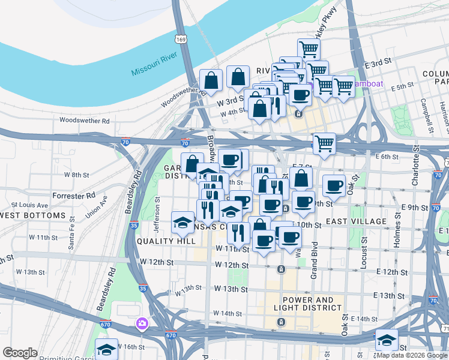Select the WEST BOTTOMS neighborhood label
(x=32, y=215)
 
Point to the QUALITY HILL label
(x=166, y=241)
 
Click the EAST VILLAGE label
(x=357, y=222)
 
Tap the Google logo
(x=20, y=353)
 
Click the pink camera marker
(x=142, y=324)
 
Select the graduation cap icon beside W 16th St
(x=107, y=348)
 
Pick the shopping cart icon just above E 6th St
(x=324, y=143)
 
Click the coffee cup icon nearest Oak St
(x=334, y=185)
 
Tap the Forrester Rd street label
(x=74, y=195)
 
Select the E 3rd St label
(x=378, y=62)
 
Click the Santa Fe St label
(x=71, y=242)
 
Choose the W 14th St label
(x=228, y=313)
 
